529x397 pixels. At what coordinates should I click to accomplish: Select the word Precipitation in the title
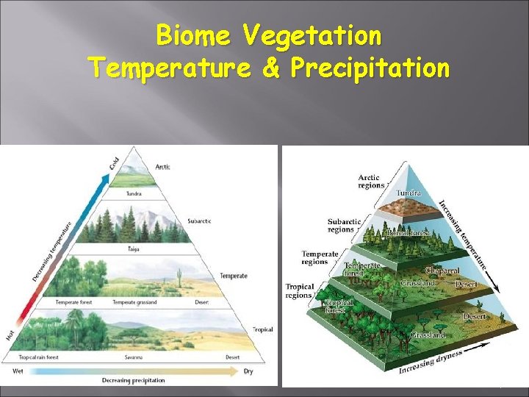coord(370,68)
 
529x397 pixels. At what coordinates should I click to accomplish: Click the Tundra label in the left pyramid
coord(133,194)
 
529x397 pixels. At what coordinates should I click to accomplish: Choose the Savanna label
coord(133,357)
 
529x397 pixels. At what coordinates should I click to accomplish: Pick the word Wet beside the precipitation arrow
coord(19,371)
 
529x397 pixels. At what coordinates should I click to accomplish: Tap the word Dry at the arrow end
coord(248,371)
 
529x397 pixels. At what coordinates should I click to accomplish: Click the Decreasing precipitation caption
coord(133,380)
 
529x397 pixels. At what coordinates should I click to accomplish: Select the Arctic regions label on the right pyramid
coord(371,181)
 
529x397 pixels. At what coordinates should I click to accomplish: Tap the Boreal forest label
coord(408,234)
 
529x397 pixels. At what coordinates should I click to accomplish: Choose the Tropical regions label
coord(300,290)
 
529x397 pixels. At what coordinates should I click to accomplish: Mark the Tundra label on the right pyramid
coord(409,193)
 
